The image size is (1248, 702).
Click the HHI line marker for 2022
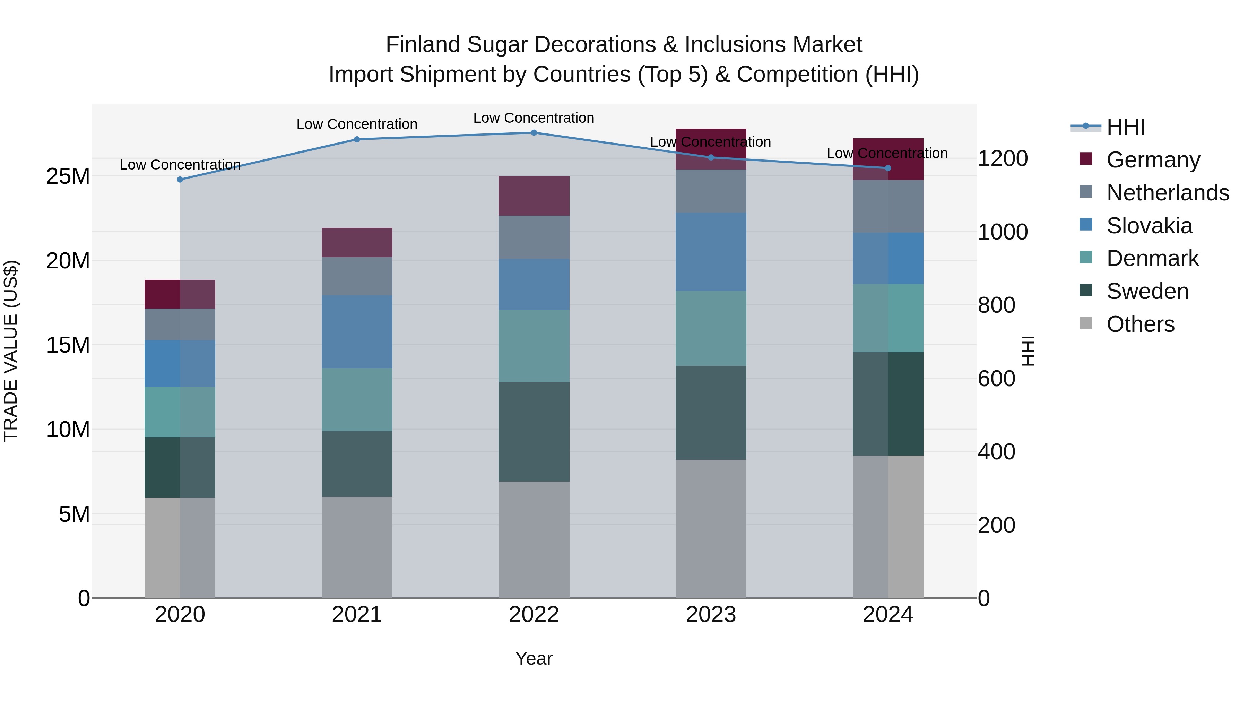click(534, 133)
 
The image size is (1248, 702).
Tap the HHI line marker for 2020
click(180, 180)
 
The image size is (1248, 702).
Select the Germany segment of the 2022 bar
click(534, 196)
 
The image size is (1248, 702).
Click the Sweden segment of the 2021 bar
click(357, 464)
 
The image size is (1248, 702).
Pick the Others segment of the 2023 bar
click(711, 529)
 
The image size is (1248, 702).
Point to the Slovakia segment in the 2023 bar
click(711, 252)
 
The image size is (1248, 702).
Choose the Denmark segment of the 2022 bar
click(534, 346)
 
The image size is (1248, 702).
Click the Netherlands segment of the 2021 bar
click(357, 277)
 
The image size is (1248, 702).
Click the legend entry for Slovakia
click(1149, 226)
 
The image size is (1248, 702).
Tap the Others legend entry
click(1141, 324)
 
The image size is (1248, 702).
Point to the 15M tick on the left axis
click(68, 345)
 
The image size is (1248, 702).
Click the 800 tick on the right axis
click(996, 305)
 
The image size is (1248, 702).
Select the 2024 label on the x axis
click(887, 615)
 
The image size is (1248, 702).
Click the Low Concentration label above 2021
click(357, 124)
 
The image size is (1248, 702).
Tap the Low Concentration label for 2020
click(180, 165)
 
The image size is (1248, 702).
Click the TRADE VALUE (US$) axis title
click(11, 351)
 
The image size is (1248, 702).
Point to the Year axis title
click(534, 658)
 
